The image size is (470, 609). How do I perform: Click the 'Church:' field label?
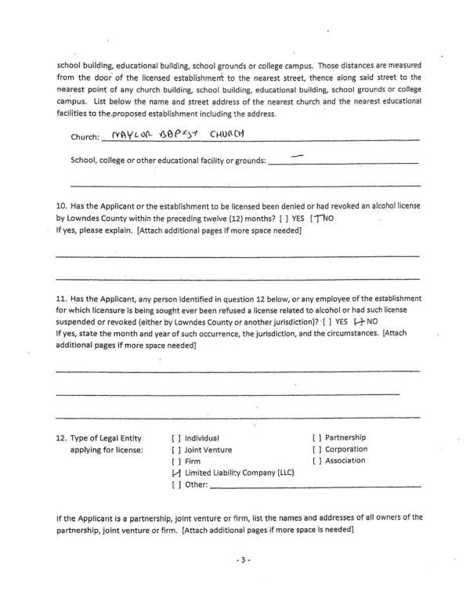click(x=85, y=137)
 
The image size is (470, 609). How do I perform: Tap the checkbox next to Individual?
click(x=176, y=438)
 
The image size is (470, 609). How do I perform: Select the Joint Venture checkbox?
click(x=176, y=450)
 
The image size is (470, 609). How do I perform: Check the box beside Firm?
click(x=176, y=462)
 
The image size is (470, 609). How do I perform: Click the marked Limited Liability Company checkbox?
click(x=176, y=473)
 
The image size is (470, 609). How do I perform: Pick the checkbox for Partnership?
click(x=317, y=437)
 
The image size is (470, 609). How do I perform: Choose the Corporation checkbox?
click(x=317, y=449)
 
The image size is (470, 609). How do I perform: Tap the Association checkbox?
click(x=317, y=461)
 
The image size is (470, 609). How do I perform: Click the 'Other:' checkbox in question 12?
click(x=176, y=485)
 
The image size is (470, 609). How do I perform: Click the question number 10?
click(x=62, y=206)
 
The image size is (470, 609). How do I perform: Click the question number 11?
click(x=62, y=299)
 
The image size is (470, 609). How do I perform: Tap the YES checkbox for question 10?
click(x=284, y=219)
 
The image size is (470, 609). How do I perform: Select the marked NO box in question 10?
click(x=316, y=218)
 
